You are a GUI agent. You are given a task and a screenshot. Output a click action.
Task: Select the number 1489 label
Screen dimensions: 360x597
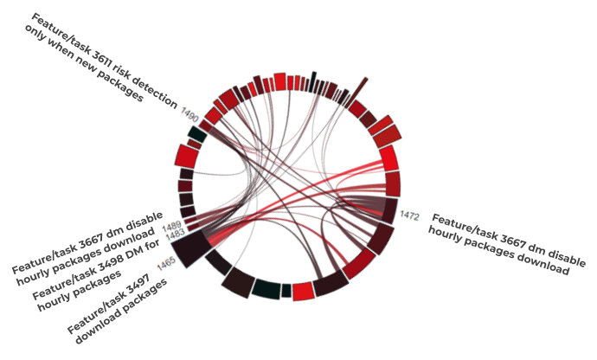(x=173, y=227)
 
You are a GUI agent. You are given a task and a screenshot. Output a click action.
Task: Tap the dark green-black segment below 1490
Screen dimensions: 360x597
(x=197, y=134)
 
